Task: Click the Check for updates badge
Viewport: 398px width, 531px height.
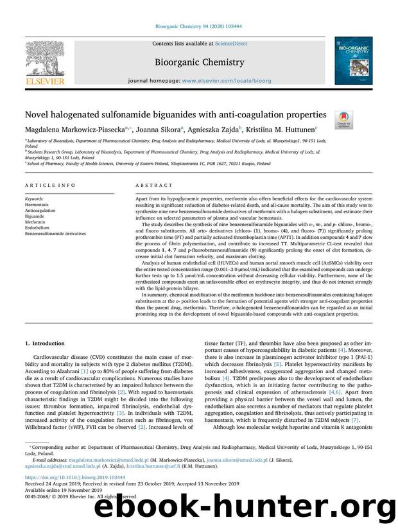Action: (x=344, y=119)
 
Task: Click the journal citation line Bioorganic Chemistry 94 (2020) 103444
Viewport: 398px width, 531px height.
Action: (x=198, y=27)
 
